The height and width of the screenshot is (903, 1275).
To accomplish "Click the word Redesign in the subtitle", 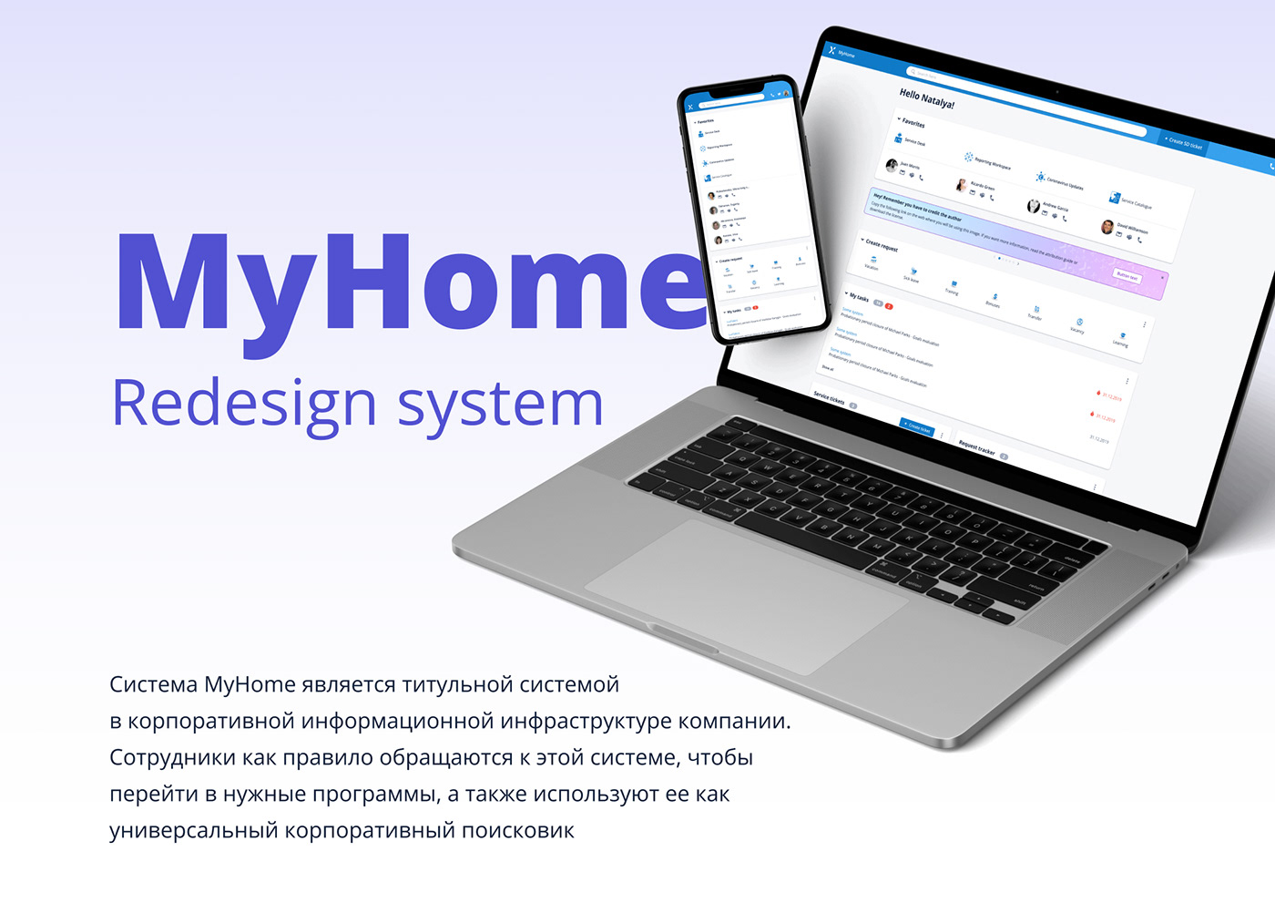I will click(x=243, y=403).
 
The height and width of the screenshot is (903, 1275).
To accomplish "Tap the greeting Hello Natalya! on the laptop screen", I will click(x=926, y=98).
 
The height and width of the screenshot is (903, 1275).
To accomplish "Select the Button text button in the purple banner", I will click(x=1127, y=275).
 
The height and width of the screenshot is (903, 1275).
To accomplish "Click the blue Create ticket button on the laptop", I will click(x=916, y=426).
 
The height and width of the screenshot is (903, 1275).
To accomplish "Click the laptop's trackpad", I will click(x=746, y=597).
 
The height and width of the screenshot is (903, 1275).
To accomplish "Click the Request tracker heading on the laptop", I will click(x=977, y=446).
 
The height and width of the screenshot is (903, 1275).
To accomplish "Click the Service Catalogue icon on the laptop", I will click(x=1114, y=197).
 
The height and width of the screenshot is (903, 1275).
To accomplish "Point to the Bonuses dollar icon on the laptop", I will click(x=994, y=296).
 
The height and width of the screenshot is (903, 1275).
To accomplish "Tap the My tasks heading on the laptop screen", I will click(x=859, y=297).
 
